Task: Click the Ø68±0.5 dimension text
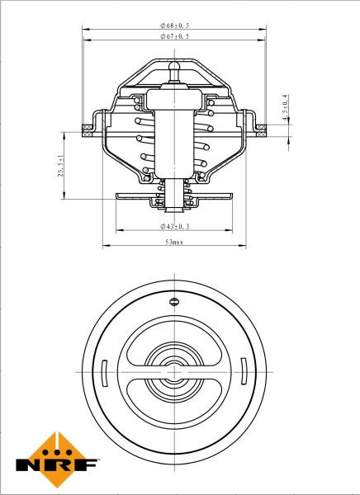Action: (x=174, y=26)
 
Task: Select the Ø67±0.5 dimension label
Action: (x=174, y=37)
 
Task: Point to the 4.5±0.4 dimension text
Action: (x=285, y=108)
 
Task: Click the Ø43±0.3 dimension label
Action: (x=174, y=226)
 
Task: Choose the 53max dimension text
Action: (x=173, y=243)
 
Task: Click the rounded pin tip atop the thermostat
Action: (x=174, y=64)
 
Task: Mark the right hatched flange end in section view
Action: (x=261, y=128)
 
